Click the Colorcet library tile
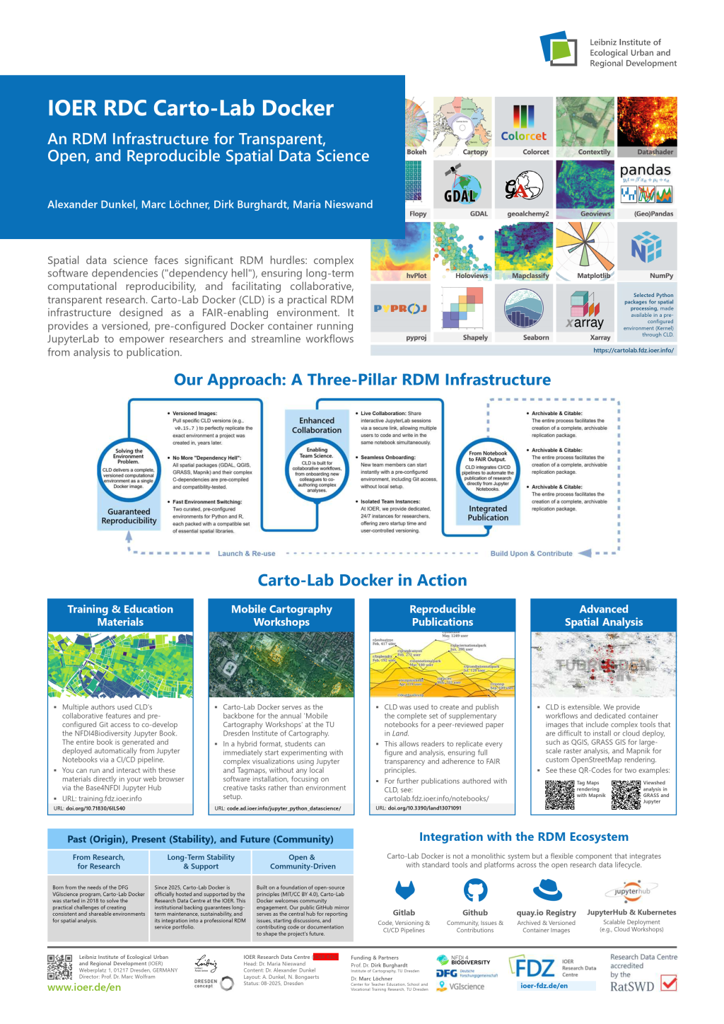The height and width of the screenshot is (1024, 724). [524, 127]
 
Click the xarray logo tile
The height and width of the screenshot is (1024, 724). [585, 312]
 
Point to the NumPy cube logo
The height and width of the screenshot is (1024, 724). [646, 248]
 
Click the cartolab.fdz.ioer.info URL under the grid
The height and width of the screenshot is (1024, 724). [633, 350]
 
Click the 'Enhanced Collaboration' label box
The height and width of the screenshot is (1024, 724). [317, 425]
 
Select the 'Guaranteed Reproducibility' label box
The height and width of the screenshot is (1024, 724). [129, 516]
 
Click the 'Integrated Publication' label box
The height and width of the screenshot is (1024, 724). [488, 513]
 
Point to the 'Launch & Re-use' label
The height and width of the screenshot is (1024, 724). [246, 554]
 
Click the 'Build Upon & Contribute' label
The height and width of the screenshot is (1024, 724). [531, 554]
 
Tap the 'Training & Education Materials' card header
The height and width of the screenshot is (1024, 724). [120, 615]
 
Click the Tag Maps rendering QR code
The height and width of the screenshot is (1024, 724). [559, 795]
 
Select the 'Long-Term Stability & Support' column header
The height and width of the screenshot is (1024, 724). [201, 861]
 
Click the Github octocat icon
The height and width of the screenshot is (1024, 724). [475, 890]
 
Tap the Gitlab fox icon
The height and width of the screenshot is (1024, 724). [404, 890]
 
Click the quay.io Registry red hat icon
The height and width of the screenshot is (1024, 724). [547, 890]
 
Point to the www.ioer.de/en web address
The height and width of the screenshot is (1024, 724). [84, 987]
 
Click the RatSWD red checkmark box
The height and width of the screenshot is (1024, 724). [668, 984]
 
